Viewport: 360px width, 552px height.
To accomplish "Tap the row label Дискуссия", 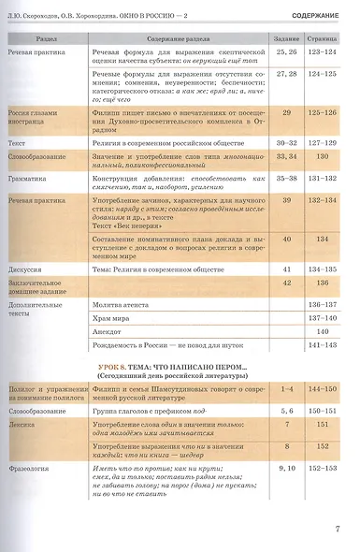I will pyautogui.click(x=29, y=269).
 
